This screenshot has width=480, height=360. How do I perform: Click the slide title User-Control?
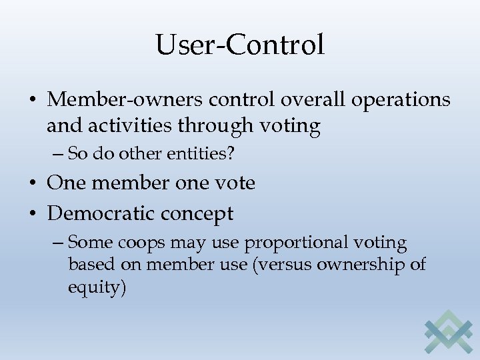240,45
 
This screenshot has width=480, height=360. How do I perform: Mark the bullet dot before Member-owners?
33,100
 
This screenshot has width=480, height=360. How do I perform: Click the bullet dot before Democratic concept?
33,213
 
